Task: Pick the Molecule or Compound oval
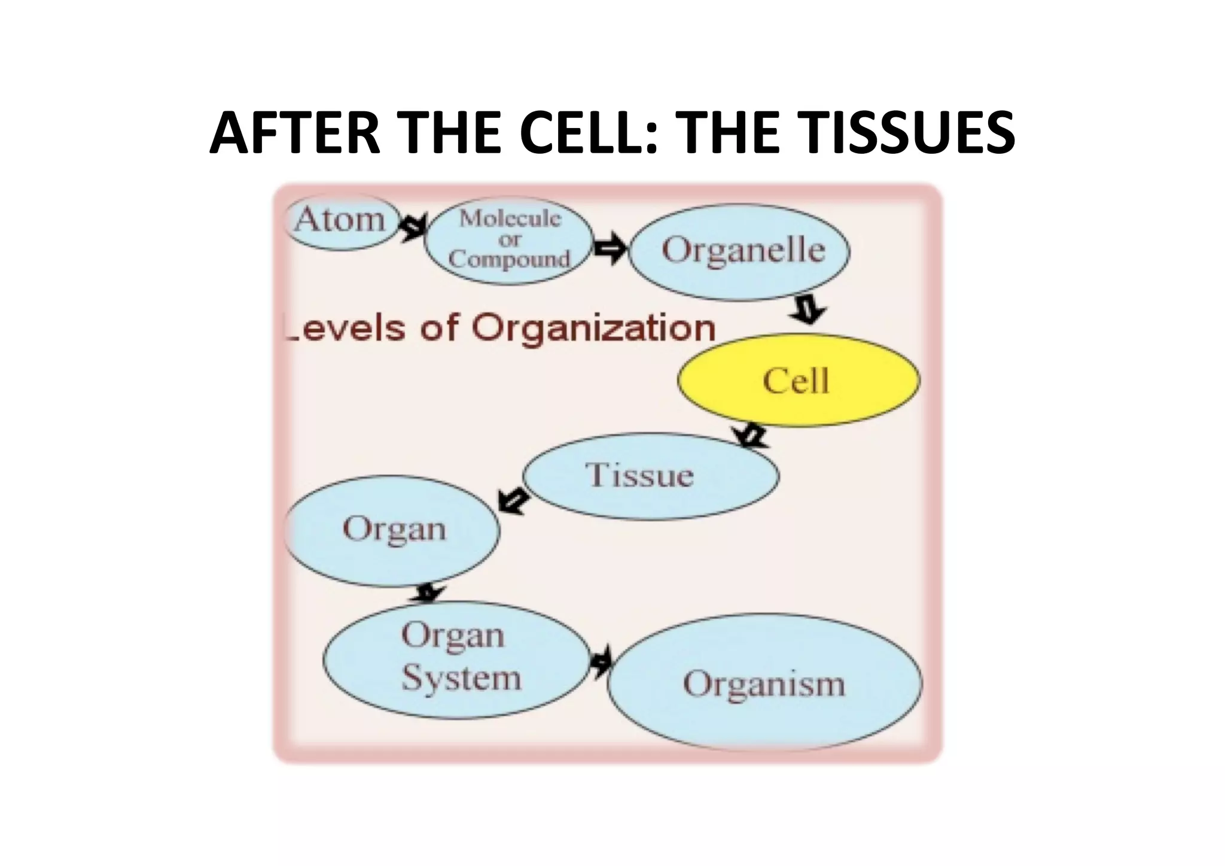[x=509, y=241]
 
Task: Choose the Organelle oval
[x=741, y=251]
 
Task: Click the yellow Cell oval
[x=798, y=381]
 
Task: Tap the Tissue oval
[x=651, y=476]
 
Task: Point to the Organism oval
[x=764, y=683]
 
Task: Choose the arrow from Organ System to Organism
[x=601, y=661]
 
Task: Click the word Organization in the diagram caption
[x=593, y=328]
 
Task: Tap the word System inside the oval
[x=461, y=679]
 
